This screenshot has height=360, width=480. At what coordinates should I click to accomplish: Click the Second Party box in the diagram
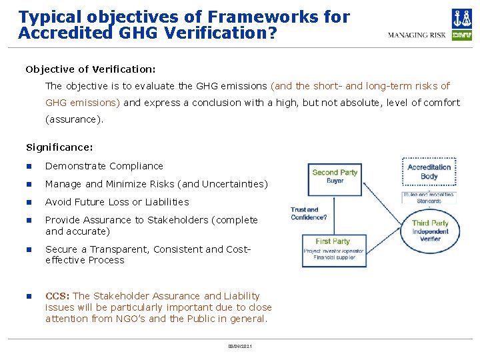[x=334, y=177]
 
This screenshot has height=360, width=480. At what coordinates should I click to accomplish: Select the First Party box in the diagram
[x=333, y=250]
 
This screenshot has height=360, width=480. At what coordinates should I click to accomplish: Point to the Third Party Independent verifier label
[x=430, y=230]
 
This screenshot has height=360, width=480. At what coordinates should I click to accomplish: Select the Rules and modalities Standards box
[x=429, y=198]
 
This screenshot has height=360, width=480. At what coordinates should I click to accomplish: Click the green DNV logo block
[x=461, y=35]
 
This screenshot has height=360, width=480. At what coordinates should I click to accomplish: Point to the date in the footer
[x=239, y=346]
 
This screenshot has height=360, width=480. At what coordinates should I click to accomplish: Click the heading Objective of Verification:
[x=91, y=69]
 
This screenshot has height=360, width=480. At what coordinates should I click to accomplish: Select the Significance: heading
[x=59, y=147]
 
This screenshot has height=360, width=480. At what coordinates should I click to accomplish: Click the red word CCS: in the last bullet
[x=57, y=296]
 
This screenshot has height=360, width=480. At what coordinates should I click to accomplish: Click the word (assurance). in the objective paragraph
[x=74, y=120]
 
